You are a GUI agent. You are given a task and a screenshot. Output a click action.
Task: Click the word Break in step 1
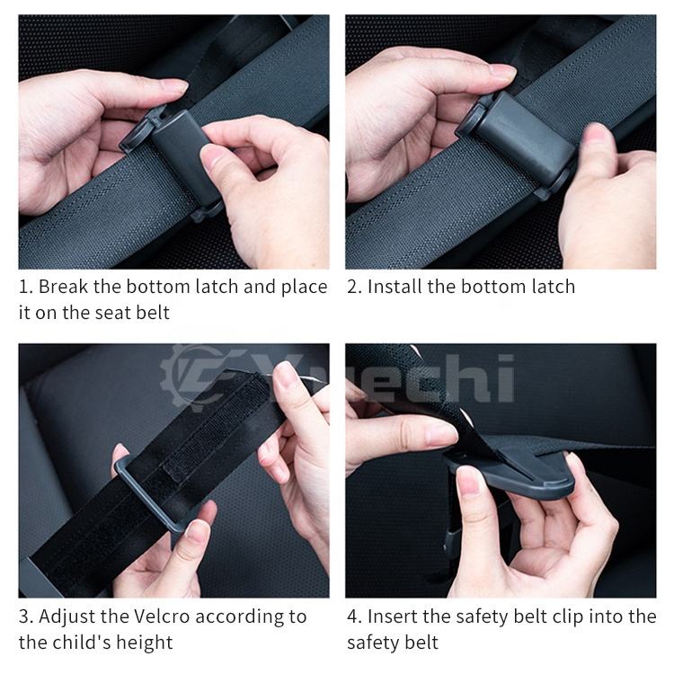pos(63,287)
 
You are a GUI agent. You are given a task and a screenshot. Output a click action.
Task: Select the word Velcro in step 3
pos(162,616)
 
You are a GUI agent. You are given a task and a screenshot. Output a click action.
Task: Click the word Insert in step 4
pos(393,616)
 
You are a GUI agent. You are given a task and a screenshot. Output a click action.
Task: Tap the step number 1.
pos(25,287)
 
